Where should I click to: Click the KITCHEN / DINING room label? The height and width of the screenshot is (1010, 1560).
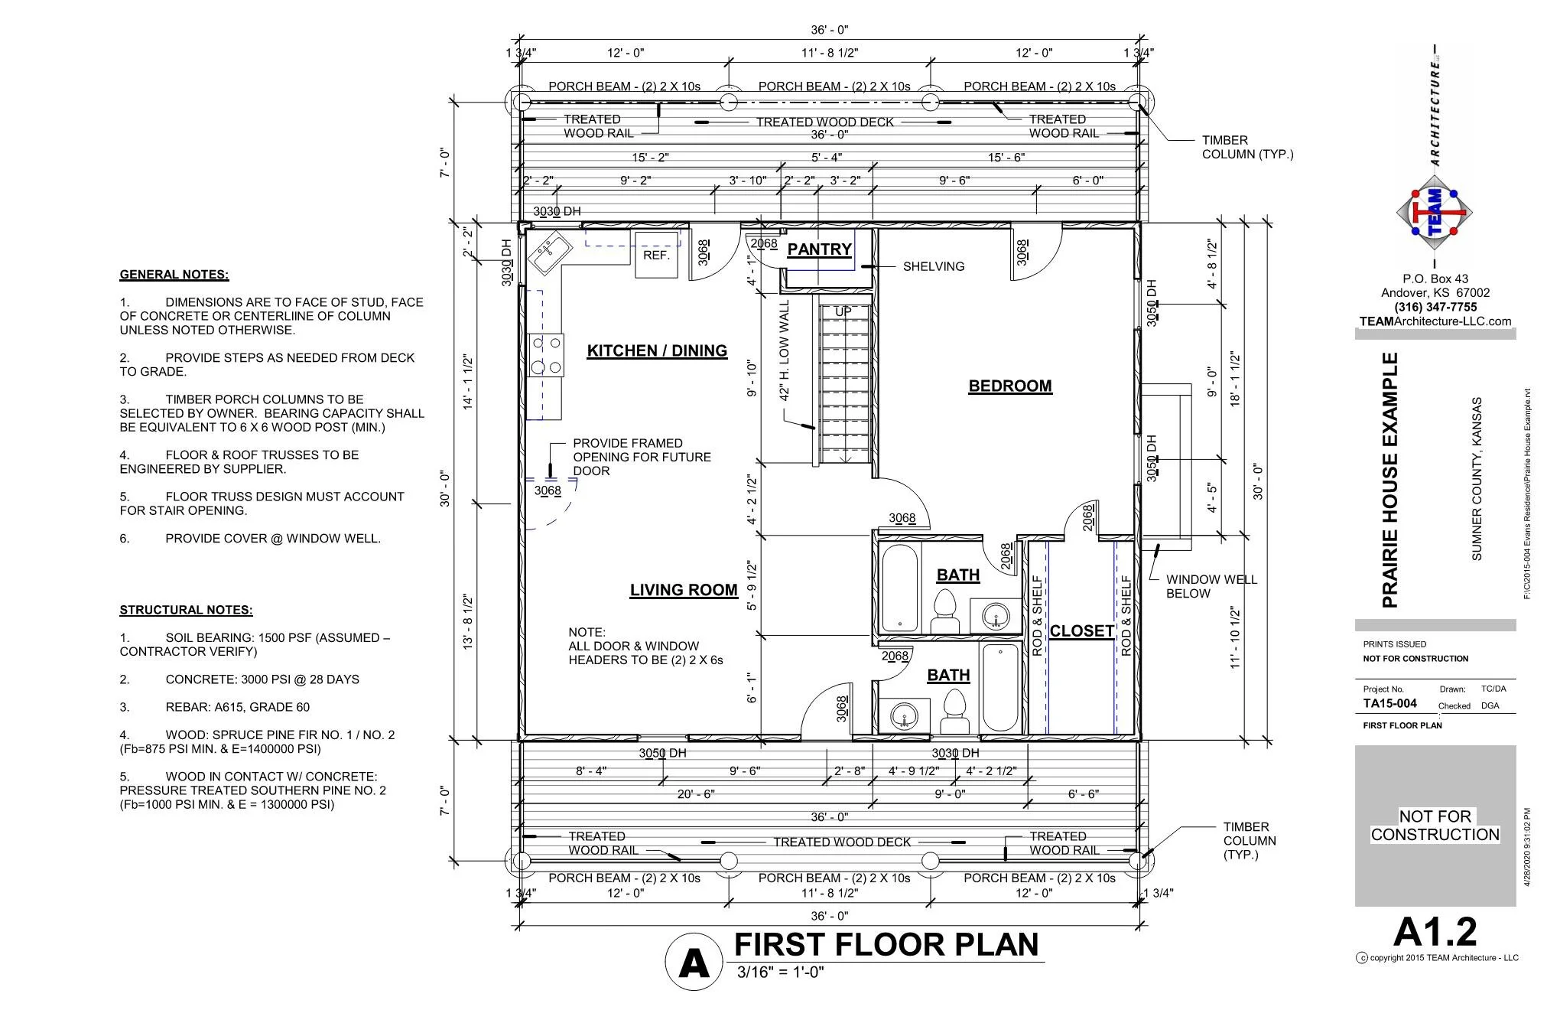657,350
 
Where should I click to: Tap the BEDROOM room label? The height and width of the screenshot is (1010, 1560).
1009,386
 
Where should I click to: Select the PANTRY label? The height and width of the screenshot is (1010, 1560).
819,249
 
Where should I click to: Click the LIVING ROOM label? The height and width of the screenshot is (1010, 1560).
684,590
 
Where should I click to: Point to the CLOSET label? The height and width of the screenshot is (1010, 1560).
1081,631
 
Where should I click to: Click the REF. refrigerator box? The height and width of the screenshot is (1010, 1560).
656,254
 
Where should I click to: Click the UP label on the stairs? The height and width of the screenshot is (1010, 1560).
843,311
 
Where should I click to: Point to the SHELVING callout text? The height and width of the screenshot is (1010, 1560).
933,266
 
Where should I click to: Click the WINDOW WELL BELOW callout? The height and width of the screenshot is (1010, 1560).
1211,586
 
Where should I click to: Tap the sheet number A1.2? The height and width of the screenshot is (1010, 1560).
1435,931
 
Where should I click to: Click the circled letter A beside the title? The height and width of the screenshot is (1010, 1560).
694,963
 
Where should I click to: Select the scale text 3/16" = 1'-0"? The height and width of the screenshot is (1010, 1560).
780,973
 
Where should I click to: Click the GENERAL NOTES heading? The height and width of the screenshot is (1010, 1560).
174,275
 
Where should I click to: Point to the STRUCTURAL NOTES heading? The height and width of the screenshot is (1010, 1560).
186,610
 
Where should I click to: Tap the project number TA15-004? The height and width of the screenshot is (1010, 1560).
1389,703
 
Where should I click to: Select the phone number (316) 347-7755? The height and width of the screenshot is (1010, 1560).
1435,307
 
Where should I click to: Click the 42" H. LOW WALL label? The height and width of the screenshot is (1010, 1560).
784,350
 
